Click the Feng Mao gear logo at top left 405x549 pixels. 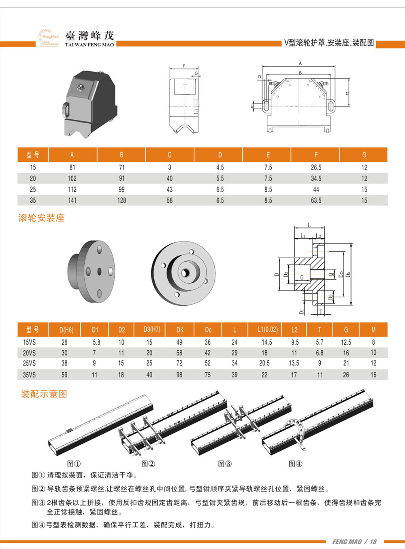tap(48, 37)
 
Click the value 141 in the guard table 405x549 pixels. tap(72, 200)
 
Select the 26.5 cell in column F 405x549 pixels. tap(316, 167)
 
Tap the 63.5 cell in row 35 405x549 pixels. tap(316, 200)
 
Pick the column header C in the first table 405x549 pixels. tap(169, 155)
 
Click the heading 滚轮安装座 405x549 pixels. tap(41, 218)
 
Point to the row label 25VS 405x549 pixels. tap(29, 363)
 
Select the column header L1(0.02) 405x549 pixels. tap(267, 330)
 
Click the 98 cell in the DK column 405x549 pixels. tap(179, 375)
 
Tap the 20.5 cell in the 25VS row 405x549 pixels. tap(264, 363)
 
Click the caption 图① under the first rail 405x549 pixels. tap(74, 464)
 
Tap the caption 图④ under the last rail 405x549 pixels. tap(295, 464)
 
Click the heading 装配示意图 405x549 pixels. tap(44, 394)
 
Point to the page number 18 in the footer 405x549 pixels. tap(373, 542)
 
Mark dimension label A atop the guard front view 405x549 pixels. tap(300, 63)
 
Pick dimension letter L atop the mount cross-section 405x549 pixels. tap(309, 225)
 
